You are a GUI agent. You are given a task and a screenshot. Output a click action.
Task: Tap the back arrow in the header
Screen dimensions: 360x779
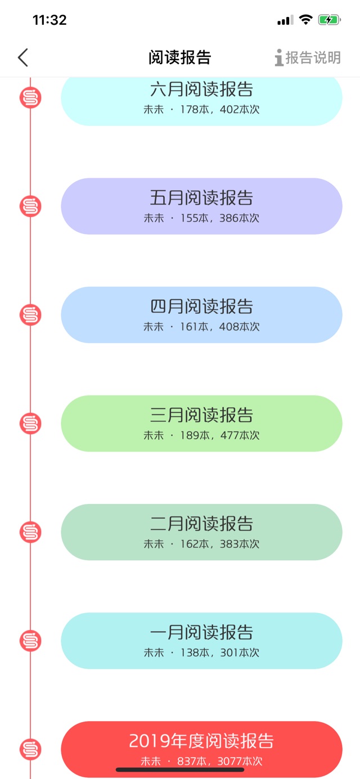click(x=23, y=57)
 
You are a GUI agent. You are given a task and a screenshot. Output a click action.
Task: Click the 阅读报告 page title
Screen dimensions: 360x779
click(x=180, y=57)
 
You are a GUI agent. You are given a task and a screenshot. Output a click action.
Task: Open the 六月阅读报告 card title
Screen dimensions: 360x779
click(x=201, y=89)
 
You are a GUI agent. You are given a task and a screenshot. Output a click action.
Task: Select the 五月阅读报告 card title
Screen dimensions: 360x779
click(x=201, y=197)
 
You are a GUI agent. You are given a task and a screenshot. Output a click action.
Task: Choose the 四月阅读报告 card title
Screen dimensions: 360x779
click(x=201, y=306)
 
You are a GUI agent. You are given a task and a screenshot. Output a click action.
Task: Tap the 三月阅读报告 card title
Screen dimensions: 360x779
click(x=201, y=415)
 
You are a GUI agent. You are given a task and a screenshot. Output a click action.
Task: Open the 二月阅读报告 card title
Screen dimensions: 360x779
click(x=201, y=524)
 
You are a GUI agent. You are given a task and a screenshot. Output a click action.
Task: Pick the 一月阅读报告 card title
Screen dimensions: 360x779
click(x=201, y=632)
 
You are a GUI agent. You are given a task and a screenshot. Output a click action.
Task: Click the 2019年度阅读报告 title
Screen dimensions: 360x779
click(x=201, y=740)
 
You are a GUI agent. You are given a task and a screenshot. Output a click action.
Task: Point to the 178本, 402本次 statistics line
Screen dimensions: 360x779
click(x=219, y=110)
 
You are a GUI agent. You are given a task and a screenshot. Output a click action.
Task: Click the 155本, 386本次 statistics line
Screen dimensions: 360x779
click(x=219, y=218)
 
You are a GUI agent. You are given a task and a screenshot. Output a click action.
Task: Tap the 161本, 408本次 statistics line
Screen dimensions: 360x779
click(x=219, y=327)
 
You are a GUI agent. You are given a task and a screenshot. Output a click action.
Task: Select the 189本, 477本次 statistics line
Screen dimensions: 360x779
click(x=219, y=435)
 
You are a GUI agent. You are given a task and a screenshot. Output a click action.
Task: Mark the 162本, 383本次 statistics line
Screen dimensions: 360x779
click(x=219, y=543)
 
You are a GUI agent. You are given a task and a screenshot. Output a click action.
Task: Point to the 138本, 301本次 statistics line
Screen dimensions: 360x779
click(x=219, y=652)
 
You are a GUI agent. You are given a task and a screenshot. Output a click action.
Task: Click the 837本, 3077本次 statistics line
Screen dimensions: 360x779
click(x=219, y=761)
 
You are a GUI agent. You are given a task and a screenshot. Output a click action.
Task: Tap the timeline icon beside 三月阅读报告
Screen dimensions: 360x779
click(x=30, y=424)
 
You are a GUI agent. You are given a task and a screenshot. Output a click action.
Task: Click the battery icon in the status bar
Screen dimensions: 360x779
click(x=330, y=20)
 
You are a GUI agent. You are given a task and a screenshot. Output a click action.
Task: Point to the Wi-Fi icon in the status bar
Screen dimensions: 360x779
click(x=305, y=20)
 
